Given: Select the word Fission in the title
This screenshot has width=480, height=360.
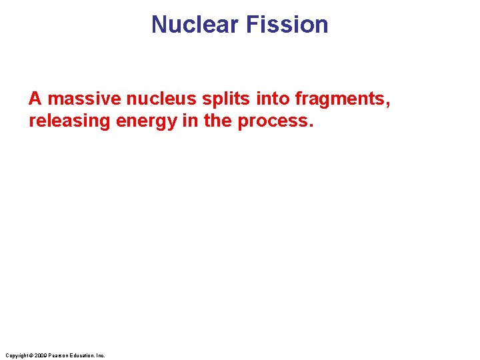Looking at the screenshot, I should point(287,25).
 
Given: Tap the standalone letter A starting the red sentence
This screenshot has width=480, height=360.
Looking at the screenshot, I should point(35,99).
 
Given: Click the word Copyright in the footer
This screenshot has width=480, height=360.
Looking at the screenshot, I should point(15,355).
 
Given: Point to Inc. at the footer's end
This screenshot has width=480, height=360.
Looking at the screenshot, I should point(101,355).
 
